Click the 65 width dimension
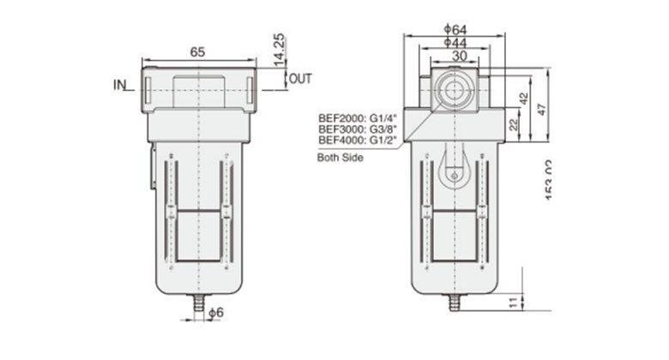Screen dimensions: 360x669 tap(197, 51)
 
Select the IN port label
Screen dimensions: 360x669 tap(120, 85)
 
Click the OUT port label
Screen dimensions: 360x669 tap(300, 79)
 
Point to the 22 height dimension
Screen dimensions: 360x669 tap(512, 125)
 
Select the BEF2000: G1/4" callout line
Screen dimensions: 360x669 tap(354, 117)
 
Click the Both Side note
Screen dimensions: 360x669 tap(341, 158)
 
